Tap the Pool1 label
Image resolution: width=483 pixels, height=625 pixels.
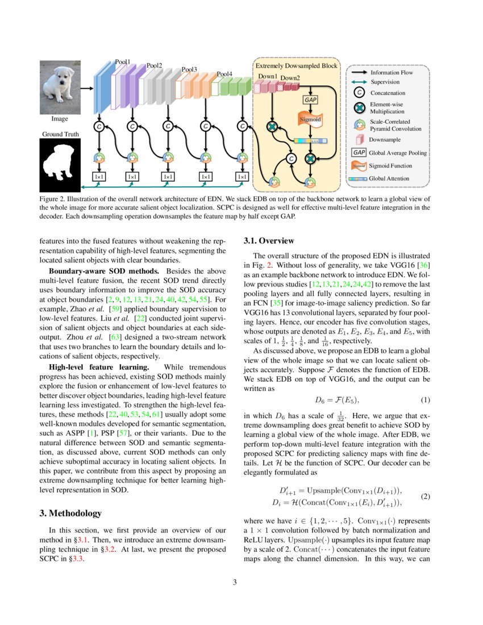point(123,61)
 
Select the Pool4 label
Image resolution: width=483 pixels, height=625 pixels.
point(224,74)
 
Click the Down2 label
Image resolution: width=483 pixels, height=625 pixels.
point(290,77)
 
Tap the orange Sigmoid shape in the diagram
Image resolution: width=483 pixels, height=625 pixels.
point(310,120)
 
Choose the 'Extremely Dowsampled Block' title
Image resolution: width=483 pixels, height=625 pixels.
point(296,66)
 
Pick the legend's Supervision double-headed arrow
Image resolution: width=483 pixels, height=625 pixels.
point(359,82)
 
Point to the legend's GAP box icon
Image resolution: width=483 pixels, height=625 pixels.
point(359,152)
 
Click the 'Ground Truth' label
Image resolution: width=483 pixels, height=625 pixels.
point(60,135)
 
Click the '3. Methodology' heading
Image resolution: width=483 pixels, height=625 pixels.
point(70,513)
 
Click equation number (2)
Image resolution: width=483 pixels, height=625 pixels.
point(426,496)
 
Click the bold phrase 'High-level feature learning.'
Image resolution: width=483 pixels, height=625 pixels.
point(99,368)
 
